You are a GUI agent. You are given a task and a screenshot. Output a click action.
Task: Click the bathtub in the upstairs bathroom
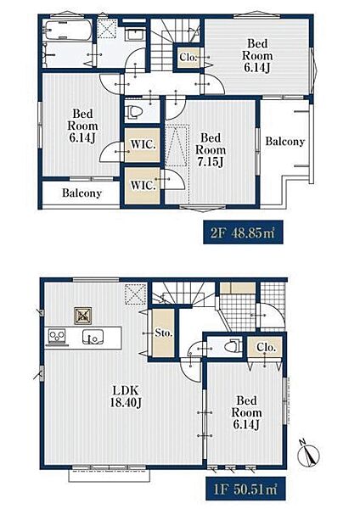click(x=68, y=31)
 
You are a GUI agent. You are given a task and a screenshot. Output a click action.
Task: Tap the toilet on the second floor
click(x=134, y=111)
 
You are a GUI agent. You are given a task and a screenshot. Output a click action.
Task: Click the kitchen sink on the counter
click(x=93, y=337)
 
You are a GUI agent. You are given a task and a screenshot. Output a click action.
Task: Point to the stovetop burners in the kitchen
click(x=57, y=336)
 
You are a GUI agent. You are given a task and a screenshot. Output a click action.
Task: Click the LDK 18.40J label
click(x=126, y=396)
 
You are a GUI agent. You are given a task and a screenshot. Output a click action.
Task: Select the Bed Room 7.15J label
click(x=211, y=149)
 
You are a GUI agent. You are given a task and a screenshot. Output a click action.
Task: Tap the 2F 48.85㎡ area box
click(x=243, y=232)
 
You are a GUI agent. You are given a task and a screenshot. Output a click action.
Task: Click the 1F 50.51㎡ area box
click(x=245, y=489)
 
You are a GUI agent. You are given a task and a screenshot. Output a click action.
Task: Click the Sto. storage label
click(x=163, y=333)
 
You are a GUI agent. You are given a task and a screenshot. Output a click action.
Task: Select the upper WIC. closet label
click(x=143, y=144)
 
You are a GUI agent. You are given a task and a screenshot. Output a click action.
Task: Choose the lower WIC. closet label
click(x=143, y=185)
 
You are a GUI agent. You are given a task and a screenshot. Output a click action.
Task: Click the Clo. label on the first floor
click(x=266, y=347)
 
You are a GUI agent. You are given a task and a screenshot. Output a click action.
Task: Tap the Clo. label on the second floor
click(x=188, y=58)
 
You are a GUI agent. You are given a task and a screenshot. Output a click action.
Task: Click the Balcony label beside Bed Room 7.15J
click(x=285, y=142)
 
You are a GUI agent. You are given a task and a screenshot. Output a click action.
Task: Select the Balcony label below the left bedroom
click(x=82, y=193)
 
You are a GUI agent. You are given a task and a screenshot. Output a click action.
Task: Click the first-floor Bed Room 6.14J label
click(x=246, y=412)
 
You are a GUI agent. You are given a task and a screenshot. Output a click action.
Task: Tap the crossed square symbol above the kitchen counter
click(x=83, y=316)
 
